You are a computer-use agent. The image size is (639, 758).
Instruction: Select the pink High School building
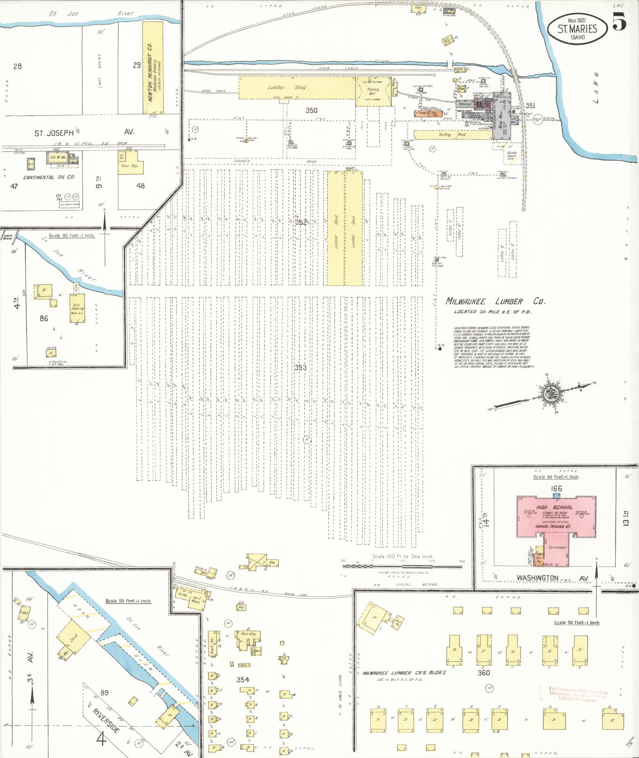point(554,515)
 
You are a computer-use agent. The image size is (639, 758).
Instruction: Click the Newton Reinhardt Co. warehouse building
point(153,67)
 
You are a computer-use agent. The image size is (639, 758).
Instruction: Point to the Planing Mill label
point(373,92)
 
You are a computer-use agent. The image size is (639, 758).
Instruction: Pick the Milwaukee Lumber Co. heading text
point(495,301)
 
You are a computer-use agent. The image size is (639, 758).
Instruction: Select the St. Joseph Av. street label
point(83,132)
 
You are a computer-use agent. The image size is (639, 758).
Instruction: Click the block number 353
point(300,367)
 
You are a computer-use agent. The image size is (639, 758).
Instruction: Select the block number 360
point(483,672)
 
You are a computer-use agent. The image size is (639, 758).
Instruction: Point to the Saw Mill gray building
point(502,119)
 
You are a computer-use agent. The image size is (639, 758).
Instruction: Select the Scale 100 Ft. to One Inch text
point(402,556)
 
